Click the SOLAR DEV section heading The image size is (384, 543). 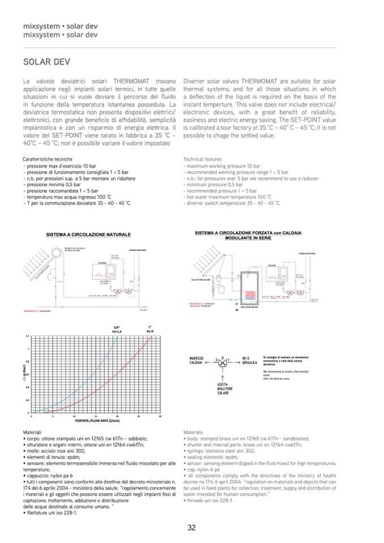pos(42,61)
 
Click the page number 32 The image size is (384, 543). pos(192,527)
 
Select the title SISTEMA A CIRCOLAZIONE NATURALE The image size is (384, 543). pos(88,234)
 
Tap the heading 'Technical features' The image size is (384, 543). pos(203,159)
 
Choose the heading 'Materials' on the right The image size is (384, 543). pos(193,432)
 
